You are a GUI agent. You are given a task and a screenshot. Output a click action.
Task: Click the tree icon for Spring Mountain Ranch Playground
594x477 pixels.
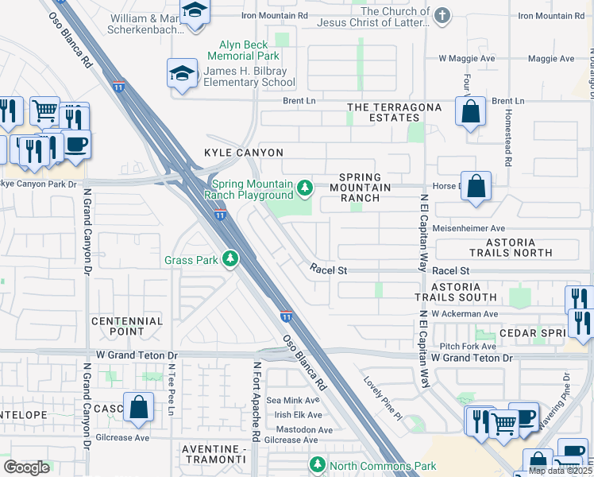click(x=305, y=188)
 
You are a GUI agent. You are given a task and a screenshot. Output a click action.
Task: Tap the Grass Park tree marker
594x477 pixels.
click(x=230, y=259)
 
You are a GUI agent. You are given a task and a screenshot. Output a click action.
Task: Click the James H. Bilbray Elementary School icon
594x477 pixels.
click(x=182, y=74)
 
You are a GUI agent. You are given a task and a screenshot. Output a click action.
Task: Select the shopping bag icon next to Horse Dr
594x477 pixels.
click(x=475, y=188)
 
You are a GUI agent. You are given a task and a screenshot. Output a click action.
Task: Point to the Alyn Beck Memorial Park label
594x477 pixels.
click(x=244, y=50)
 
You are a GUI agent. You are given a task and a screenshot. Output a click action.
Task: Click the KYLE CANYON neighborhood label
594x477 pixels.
click(x=244, y=152)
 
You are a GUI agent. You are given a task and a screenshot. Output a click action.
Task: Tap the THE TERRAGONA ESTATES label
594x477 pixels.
click(x=393, y=112)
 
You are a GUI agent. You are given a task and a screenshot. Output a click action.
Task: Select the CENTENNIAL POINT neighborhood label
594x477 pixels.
click(x=127, y=327)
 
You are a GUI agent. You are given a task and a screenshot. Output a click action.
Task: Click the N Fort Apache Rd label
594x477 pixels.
click(x=256, y=402)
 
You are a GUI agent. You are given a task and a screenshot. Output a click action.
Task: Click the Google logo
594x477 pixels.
click(x=27, y=467)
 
